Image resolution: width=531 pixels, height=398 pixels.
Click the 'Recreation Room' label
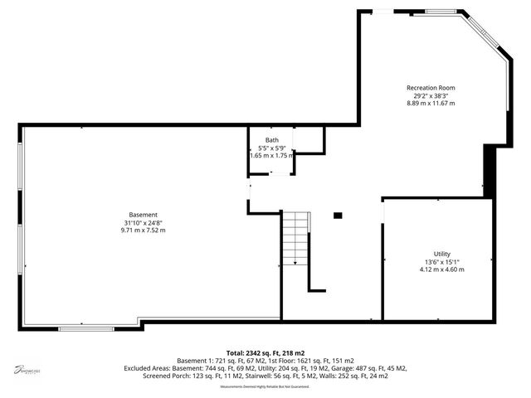pos(430,88)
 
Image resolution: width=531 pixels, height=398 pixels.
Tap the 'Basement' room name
pos(143,215)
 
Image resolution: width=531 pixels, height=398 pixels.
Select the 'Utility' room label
pos(441,254)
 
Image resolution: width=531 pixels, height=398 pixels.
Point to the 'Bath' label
pos(272,140)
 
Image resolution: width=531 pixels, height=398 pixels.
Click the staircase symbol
pos(295,238)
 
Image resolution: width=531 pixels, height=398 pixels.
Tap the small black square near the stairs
pos(337,216)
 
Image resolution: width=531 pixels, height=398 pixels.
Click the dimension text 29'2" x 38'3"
pos(430,95)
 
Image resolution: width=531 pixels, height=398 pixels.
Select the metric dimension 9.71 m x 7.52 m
pos(143,230)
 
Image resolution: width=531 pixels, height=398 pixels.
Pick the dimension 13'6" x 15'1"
pos(441,262)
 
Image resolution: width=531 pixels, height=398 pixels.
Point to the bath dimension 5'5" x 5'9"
pos(272,148)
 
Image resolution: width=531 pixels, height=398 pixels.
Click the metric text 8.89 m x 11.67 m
pos(430,103)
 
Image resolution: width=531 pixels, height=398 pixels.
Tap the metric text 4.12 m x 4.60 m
pos(441,269)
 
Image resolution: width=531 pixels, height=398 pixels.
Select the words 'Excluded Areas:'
pos(197,367)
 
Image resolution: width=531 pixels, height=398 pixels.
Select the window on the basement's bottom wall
pos(86,329)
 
